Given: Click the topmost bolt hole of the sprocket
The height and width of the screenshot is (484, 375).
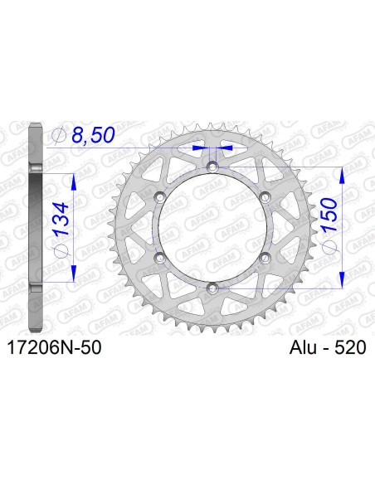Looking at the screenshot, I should (x=213, y=167).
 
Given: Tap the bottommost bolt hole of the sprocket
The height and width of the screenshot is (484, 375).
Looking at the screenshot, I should (x=213, y=288).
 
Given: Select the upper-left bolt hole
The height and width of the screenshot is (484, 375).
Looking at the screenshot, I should (x=160, y=197).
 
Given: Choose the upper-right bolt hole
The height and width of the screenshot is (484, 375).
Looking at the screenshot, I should (x=265, y=197).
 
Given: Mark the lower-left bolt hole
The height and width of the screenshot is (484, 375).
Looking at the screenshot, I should (x=160, y=258).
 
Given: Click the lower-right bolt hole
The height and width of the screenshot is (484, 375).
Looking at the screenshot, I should (x=265, y=258).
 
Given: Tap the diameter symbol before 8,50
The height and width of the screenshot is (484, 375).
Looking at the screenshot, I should (x=58, y=135).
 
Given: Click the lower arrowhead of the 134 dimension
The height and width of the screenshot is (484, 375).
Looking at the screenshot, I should (x=74, y=277).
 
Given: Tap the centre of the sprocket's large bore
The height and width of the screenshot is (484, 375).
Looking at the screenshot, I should (x=213, y=228).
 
